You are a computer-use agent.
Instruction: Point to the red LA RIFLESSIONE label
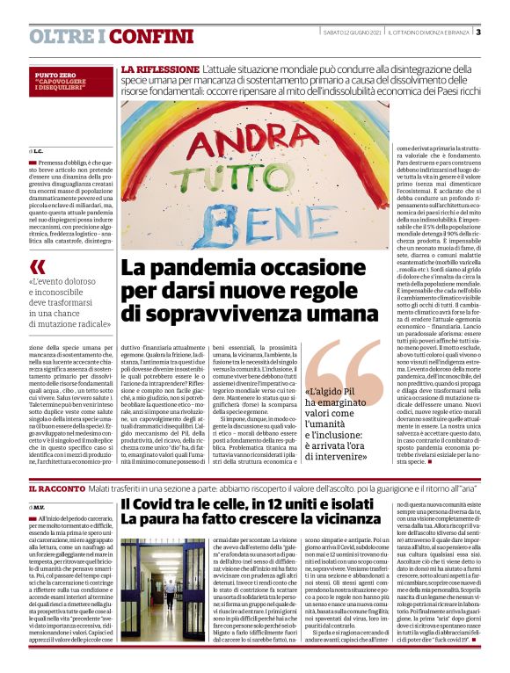(x=159, y=69)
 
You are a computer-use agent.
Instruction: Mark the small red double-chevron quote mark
(x=37, y=266)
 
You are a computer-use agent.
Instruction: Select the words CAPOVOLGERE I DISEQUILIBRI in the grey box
(x=60, y=87)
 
